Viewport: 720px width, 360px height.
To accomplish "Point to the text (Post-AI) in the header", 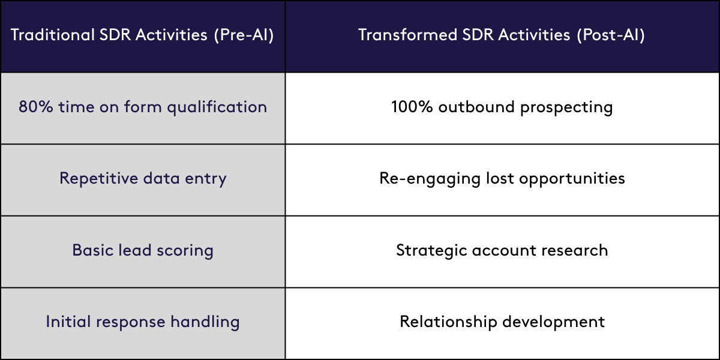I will tap(611, 35).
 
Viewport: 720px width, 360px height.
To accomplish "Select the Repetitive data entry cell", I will tap(143, 179).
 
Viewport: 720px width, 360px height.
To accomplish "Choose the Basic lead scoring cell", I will tap(143, 250).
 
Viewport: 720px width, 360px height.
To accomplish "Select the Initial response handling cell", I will tap(143, 322).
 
